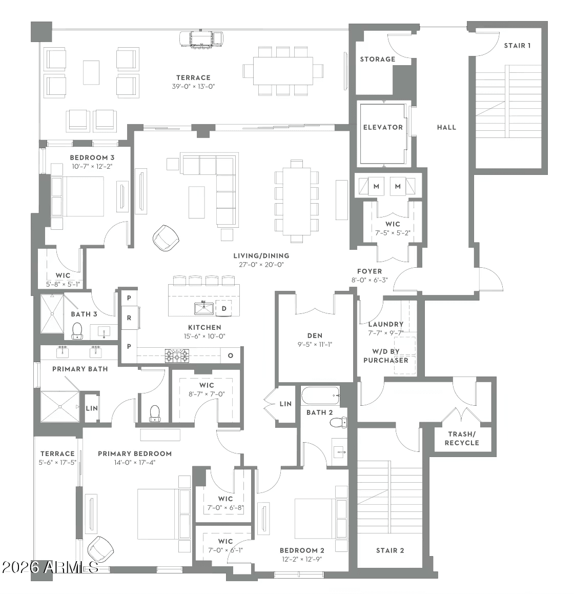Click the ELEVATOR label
click(383, 127)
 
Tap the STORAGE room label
click(377, 59)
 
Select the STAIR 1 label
click(517, 46)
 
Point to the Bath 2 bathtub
click(320, 395)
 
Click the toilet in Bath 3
click(77, 331)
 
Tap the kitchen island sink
click(204, 308)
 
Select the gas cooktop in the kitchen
click(177, 356)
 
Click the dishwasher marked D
click(223, 308)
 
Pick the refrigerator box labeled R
click(129, 318)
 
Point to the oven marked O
click(231, 355)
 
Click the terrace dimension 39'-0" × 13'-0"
click(193, 86)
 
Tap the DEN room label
click(315, 335)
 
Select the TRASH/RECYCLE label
click(462, 438)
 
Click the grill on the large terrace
click(201, 39)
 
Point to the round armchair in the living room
click(166, 238)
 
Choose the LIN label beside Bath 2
click(285, 404)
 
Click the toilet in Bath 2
click(339, 422)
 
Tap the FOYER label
click(370, 271)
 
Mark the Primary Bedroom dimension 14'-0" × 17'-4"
click(135, 463)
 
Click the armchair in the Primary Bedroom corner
click(100, 549)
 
